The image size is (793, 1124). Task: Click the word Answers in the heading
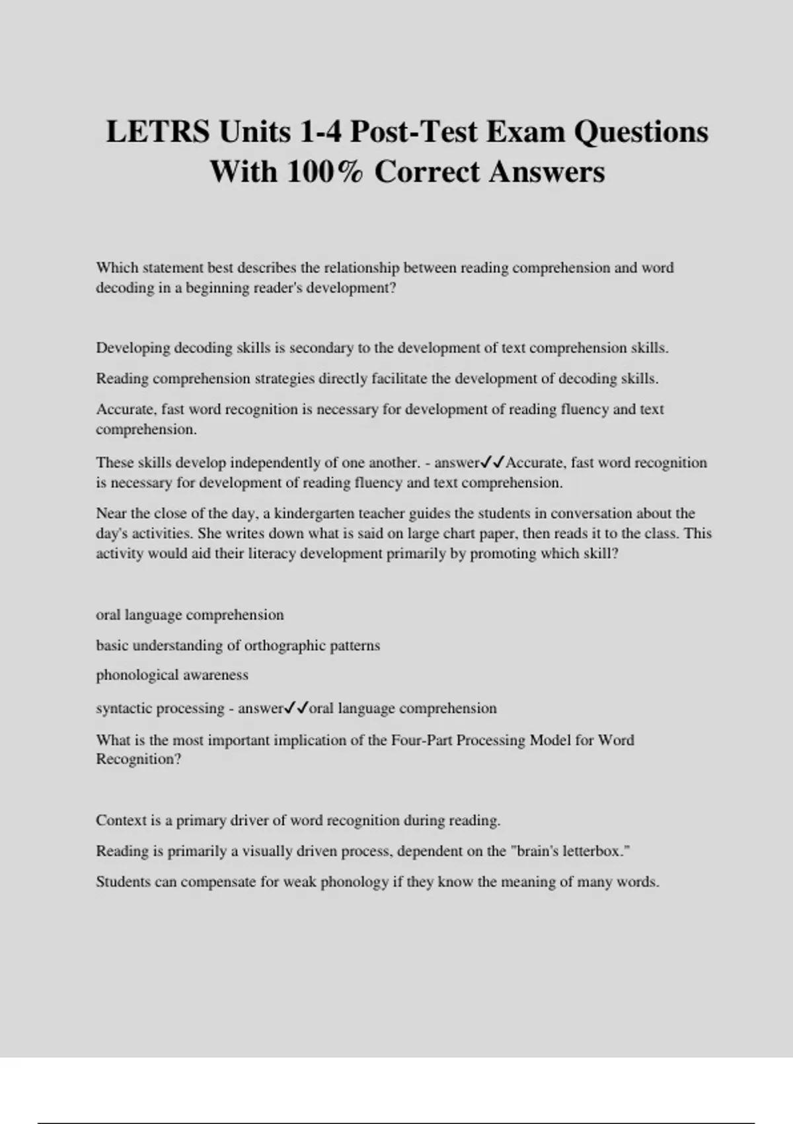click(547, 172)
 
